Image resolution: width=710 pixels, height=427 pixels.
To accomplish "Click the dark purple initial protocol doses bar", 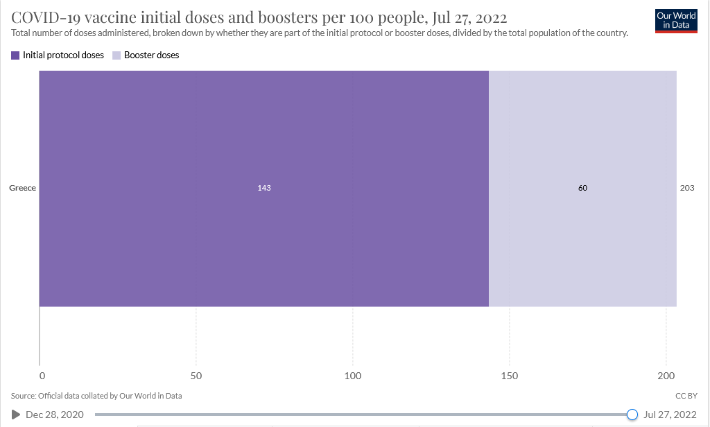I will click(263, 139).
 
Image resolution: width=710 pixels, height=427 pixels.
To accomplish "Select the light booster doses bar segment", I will click(582, 139).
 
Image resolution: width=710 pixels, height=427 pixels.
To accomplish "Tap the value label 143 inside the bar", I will click(263, 188).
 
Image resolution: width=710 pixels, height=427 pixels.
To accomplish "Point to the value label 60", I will click(582, 188).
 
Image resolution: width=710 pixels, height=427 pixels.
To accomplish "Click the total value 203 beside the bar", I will click(687, 188).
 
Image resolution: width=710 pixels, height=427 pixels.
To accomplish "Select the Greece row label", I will click(22, 188).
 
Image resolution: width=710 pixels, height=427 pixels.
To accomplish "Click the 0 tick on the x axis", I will click(42, 376).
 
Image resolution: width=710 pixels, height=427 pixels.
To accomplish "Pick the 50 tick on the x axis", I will click(196, 376).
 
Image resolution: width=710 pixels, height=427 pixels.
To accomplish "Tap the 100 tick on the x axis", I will click(353, 376).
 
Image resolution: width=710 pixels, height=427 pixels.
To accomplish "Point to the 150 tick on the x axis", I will click(510, 376).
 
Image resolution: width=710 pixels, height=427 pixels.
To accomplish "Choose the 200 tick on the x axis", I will click(666, 376).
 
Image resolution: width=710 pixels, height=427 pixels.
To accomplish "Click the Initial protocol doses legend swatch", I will click(16, 55).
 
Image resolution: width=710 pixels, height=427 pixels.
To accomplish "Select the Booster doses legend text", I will click(151, 55).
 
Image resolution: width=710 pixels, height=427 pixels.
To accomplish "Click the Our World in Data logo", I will click(675, 21).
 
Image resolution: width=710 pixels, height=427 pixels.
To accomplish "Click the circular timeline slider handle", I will click(632, 415).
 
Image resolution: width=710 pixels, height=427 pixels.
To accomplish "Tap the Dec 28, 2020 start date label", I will click(54, 415).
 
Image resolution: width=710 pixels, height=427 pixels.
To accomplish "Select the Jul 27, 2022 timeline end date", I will click(669, 415).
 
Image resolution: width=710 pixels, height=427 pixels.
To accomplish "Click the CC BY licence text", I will click(685, 396).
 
